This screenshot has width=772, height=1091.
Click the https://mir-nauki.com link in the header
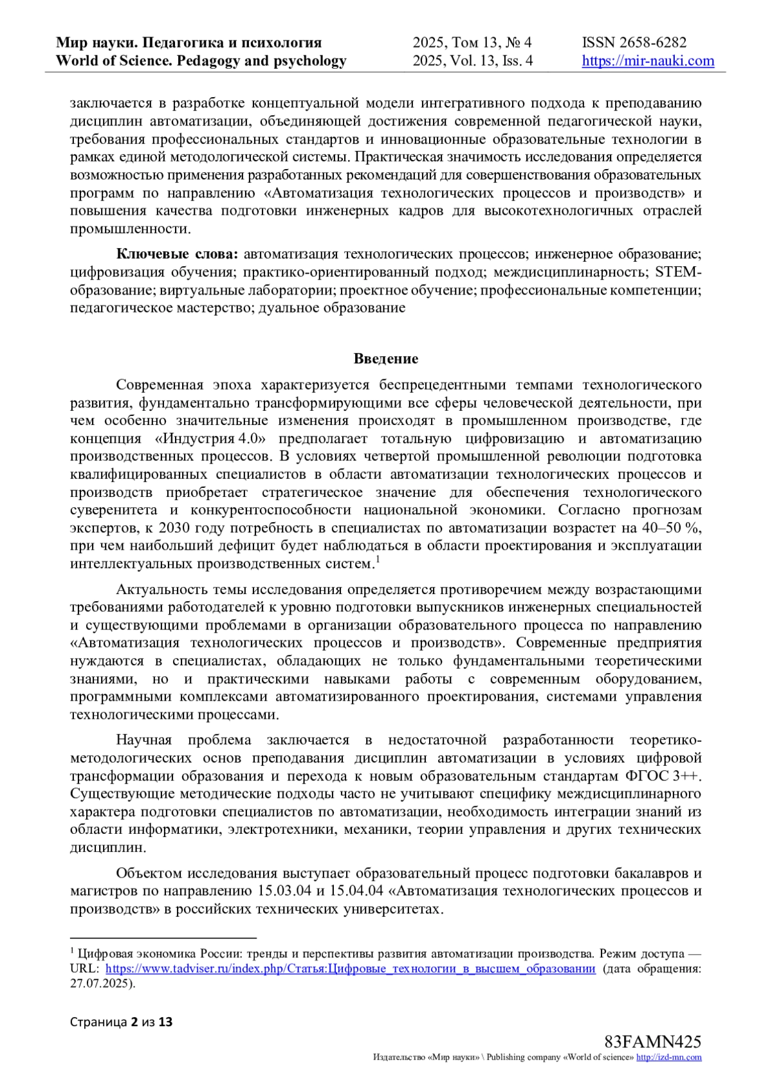click(x=648, y=61)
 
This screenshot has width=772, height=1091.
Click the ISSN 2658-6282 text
click(x=634, y=43)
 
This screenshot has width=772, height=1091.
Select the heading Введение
click(x=386, y=359)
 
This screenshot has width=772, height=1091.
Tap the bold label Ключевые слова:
click(x=177, y=255)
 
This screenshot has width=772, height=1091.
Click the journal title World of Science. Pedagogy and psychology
click(x=201, y=61)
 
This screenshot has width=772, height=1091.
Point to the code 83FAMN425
click(x=652, y=1041)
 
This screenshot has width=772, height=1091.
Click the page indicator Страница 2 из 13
click(x=122, y=1022)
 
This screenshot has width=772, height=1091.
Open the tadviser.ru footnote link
click(x=350, y=968)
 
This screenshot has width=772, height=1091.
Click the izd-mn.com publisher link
click(x=669, y=1058)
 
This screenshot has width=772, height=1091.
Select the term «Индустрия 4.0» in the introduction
click(x=210, y=439)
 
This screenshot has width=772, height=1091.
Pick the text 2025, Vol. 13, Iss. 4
click(x=472, y=61)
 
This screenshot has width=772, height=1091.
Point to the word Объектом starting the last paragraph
click(x=149, y=873)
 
